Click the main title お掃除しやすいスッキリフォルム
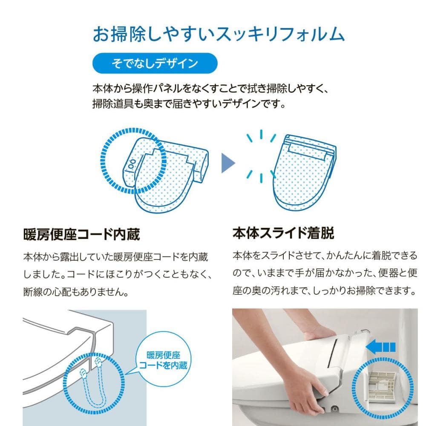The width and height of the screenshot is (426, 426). (219, 34)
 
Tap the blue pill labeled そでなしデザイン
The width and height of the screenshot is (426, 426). (155, 63)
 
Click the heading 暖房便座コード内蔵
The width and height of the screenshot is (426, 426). (81, 234)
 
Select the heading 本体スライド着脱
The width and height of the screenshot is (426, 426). (283, 233)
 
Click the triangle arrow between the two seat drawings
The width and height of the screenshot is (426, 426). (228, 163)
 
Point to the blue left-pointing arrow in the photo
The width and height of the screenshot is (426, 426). (380, 347)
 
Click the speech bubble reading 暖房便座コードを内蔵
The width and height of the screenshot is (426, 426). (163, 360)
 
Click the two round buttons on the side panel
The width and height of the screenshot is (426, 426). (132, 164)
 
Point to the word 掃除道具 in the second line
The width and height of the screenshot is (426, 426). (112, 104)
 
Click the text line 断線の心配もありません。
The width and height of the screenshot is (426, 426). (76, 292)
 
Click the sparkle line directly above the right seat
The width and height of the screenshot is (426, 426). (261, 134)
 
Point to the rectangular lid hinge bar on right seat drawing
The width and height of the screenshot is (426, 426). (307, 151)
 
